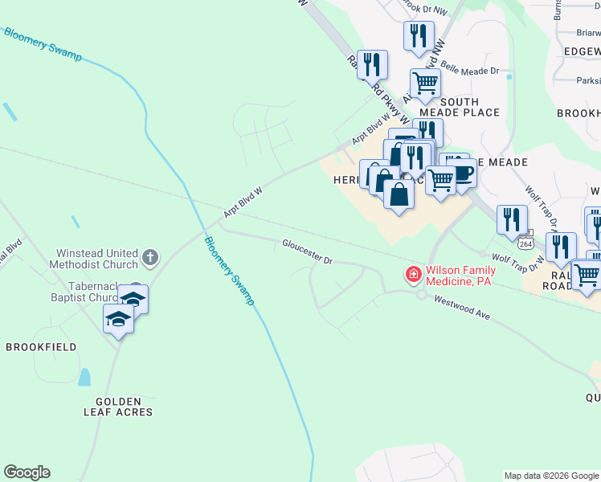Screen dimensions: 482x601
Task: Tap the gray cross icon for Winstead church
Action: [x=149, y=258]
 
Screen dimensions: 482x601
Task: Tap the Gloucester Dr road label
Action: [x=307, y=251]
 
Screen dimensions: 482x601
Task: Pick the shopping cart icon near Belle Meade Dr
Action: [x=424, y=83]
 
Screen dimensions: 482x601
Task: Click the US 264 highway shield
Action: [x=525, y=242]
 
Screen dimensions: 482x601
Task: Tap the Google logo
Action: [x=27, y=472]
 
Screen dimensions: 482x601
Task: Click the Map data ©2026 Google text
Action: [x=551, y=476]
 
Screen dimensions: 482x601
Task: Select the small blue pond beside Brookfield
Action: [x=84, y=377]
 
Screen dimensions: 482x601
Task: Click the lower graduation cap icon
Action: [x=119, y=320]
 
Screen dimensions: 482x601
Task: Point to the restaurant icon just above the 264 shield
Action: [x=512, y=219]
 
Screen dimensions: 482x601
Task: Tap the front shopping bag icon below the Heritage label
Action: [x=399, y=194]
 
